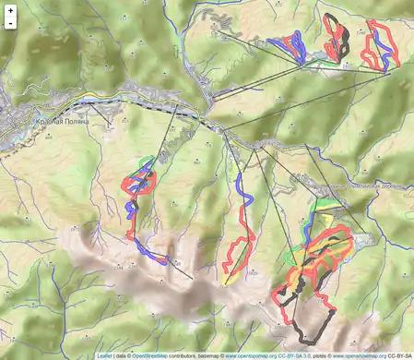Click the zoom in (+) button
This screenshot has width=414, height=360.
pos(10,10)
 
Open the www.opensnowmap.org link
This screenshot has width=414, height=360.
pos(362,354)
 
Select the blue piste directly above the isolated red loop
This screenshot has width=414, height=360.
pos(242,189)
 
